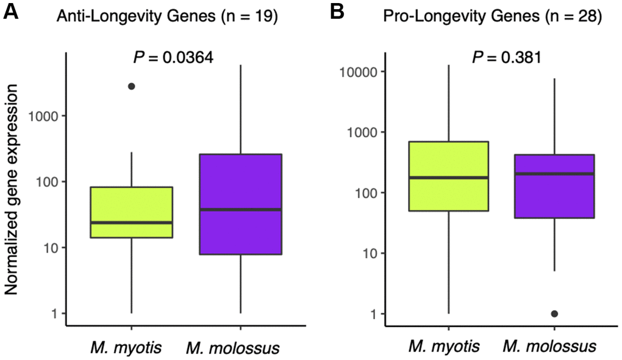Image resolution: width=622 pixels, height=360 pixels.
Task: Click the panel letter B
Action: (337, 13)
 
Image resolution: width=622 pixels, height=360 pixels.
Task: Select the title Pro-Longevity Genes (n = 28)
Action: (492, 17)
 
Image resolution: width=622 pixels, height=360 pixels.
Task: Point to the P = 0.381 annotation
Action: (505, 58)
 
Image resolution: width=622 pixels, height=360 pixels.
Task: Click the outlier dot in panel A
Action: (131, 87)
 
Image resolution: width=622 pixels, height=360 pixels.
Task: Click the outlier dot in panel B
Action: (554, 314)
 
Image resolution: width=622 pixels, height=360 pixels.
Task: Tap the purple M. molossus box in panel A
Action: (240, 183)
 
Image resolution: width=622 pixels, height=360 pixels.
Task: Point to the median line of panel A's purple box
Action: (240, 209)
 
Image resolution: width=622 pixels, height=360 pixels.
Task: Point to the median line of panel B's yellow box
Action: (449, 178)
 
